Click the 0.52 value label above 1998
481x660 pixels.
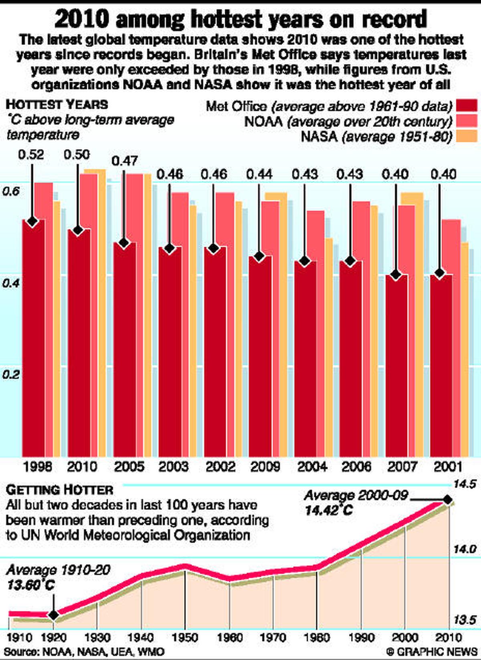[31, 155]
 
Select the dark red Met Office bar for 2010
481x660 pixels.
[79, 341]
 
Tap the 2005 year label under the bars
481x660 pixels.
[129, 466]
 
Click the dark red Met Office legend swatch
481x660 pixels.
[466, 106]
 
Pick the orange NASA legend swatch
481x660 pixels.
[466, 136]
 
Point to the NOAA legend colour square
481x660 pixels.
[466, 121]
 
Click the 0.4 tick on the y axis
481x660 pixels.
[10, 283]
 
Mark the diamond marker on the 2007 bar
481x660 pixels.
[396, 275]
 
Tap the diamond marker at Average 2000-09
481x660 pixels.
[447, 500]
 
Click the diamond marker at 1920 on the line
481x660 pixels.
[53, 615]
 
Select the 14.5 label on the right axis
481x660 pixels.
[464, 484]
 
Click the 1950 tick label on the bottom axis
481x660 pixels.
[185, 638]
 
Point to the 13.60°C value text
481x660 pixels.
[31, 585]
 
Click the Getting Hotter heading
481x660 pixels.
[60, 490]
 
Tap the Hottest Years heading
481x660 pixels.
[57, 105]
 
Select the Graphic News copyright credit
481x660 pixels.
[431, 651]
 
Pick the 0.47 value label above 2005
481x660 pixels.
[125, 161]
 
